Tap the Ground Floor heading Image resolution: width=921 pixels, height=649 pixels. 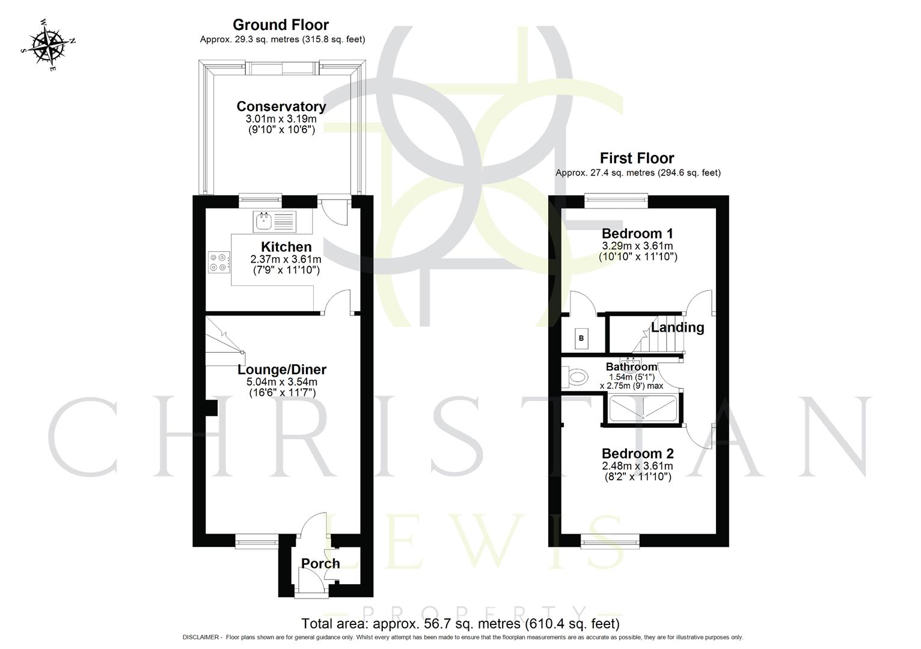281,25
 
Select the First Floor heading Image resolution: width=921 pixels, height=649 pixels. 637,158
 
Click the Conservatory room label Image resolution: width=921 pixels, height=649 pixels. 281,106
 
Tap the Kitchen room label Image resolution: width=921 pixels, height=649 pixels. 286,246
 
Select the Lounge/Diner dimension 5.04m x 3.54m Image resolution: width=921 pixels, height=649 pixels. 282,382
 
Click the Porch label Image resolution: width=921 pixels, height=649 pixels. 320,564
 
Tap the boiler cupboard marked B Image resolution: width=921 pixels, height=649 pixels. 581,338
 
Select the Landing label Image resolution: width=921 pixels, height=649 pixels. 678,328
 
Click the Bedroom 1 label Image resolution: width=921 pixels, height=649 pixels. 637,233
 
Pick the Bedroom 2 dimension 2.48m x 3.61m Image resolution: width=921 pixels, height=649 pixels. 637,466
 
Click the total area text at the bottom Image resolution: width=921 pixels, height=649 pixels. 460,624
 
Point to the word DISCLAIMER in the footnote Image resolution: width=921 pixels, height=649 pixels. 201,638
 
